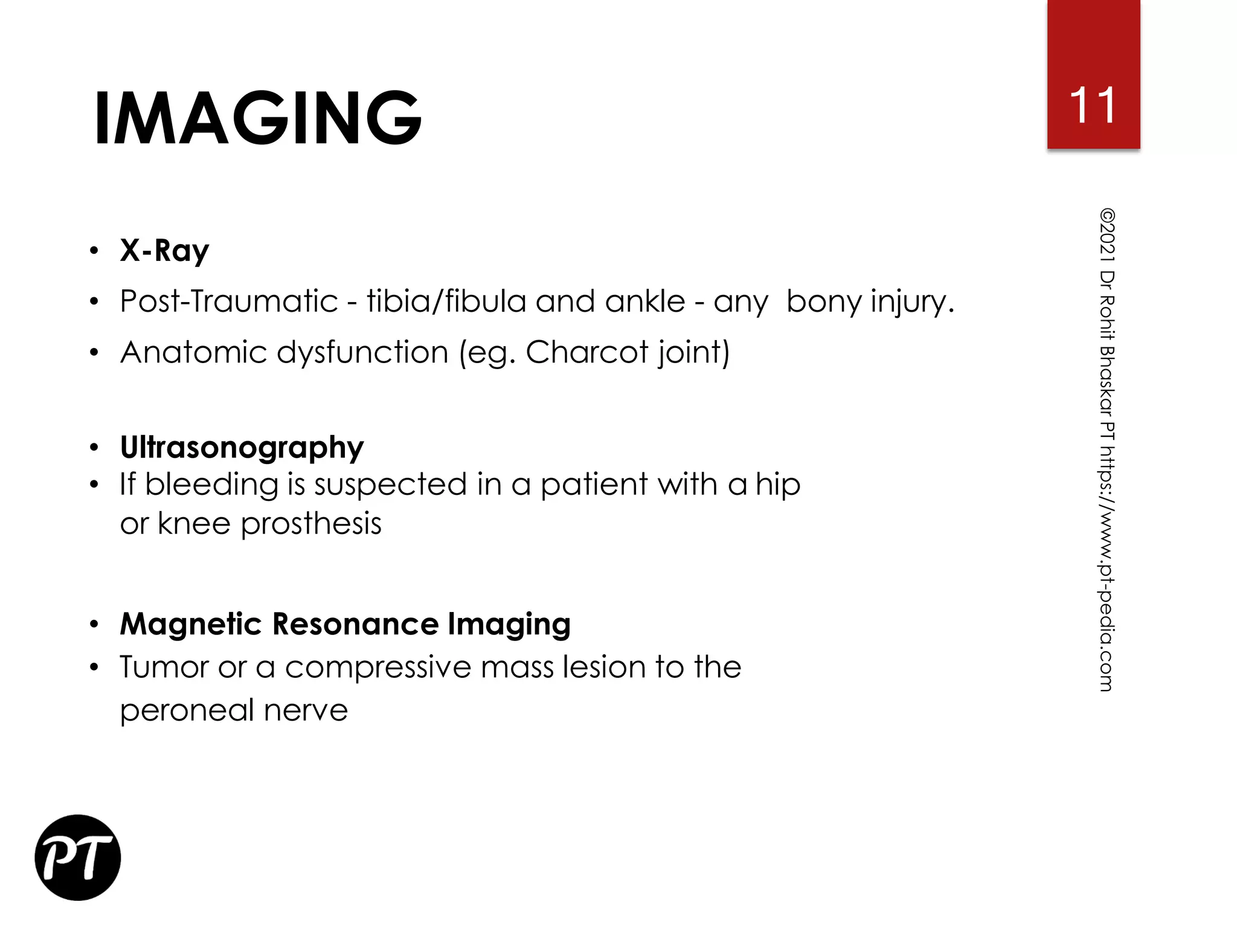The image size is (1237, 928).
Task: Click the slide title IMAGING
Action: point(258,118)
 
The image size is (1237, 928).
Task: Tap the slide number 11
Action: point(1093,105)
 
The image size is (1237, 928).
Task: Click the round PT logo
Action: point(78,857)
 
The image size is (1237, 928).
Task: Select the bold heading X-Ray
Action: point(164,251)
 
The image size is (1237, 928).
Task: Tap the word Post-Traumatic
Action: point(228,301)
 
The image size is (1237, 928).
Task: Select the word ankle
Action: point(645,301)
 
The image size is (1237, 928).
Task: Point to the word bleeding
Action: point(211,485)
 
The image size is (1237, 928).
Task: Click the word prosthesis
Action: point(311,524)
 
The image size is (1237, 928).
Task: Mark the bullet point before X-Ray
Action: point(94,251)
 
